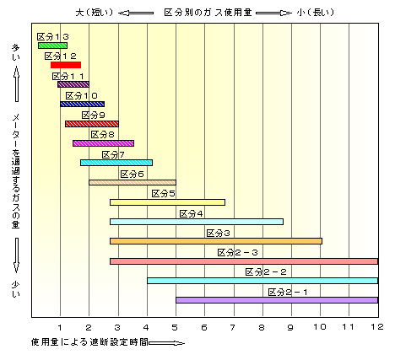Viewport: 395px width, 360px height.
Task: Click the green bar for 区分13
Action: click(x=52, y=46)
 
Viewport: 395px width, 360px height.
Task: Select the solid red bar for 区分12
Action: click(x=66, y=65)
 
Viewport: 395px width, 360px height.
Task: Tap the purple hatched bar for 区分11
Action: click(x=73, y=84)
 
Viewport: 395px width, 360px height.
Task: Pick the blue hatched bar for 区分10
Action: click(x=82, y=104)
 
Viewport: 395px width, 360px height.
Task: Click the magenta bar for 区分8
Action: click(x=103, y=143)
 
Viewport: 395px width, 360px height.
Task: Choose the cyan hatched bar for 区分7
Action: click(x=116, y=163)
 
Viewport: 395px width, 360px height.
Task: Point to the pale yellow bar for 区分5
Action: click(x=167, y=202)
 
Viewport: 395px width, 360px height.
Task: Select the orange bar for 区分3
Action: click(x=216, y=241)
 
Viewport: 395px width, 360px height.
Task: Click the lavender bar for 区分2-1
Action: click(x=277, y=300)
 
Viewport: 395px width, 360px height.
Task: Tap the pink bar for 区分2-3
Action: click(x=244, y=261)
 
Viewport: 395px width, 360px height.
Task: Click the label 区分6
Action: click(x=132, y=175)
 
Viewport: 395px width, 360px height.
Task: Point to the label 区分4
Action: click(x=191, y=214)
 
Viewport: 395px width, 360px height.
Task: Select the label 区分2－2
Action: click(x=266, y=272)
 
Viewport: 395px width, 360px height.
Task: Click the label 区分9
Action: click(x=93, y=116)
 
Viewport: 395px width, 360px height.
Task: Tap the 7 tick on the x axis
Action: click(x=232, y=327)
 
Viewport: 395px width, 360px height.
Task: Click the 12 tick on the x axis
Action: click(x=377, y=327)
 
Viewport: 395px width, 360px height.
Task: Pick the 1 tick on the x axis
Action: click(x=60, y=327)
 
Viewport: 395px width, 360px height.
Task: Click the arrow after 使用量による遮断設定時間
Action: click(x=167, y=343)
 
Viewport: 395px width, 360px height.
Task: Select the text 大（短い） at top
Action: click(x=95, y=13)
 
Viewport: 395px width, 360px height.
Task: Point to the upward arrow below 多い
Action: click(x=17, y=83)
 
